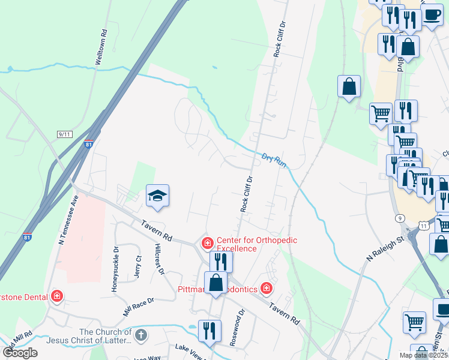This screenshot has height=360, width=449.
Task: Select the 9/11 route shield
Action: pyautogui.click(x=65, y=134)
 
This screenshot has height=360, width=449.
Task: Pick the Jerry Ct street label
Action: pyautogui.click(x=138, y=266)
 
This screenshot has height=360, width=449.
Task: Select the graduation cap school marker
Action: pyautogui.click(x=157, y=196)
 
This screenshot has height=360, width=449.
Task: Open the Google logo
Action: pyautogui.click(x=20, y=352)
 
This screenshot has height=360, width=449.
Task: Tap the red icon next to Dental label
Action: pyautogui.click(x=56, y=296)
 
